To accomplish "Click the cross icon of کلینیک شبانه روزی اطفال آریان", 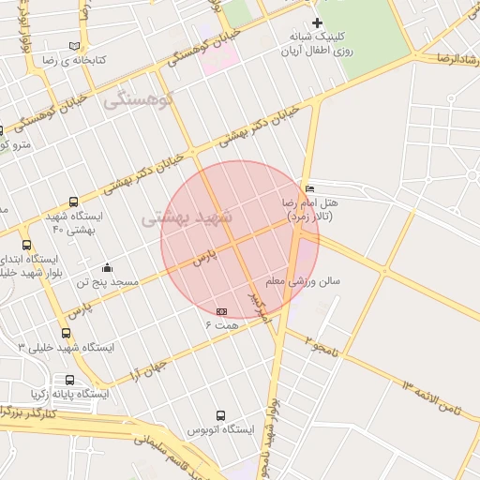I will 318,22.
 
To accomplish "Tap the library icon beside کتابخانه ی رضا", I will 74,46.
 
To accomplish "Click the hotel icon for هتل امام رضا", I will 310,188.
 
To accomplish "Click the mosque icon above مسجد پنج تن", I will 107,267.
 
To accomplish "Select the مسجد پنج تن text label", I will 107,281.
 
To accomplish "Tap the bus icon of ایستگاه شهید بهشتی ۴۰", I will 74,202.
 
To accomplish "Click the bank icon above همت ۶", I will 221,311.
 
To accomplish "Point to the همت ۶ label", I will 223,324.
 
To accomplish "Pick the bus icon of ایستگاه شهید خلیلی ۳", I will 66,333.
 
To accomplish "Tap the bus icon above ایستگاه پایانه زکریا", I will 69,380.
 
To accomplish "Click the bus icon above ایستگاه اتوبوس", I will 221,415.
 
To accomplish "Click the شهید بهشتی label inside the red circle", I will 179,218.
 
